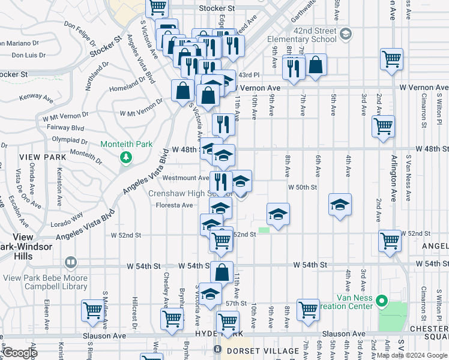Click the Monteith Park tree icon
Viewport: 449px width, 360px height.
click(126, 157)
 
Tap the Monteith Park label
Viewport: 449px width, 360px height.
click(126, 145)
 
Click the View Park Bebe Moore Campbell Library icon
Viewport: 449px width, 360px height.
click(71, 262)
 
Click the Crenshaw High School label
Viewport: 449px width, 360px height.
click(186, 194)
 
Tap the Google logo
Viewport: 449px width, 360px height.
click(20, 352)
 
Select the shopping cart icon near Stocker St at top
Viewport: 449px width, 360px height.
click(157, 8)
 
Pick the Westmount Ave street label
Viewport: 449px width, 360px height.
click(185, 178)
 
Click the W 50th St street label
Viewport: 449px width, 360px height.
click(302, 187)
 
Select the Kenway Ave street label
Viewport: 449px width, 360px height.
click(35, 97)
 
